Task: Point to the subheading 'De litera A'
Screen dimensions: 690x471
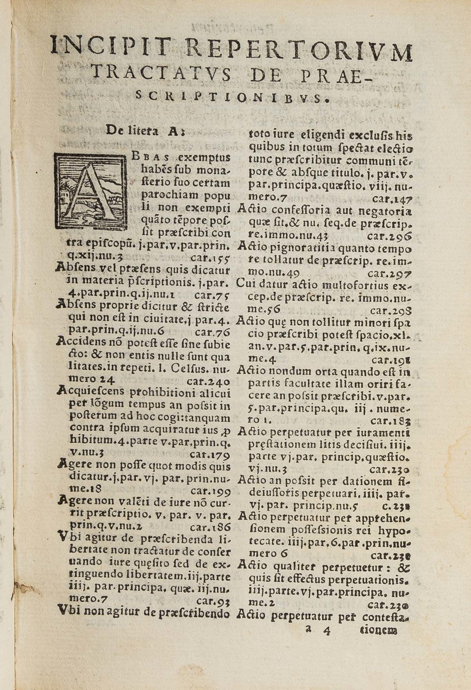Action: pos(146,131)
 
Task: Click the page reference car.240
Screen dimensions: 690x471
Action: pos(208,382)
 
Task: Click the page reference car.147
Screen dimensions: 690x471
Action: pos(393,199)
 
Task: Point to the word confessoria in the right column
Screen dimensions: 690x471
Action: pos(296,211)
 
